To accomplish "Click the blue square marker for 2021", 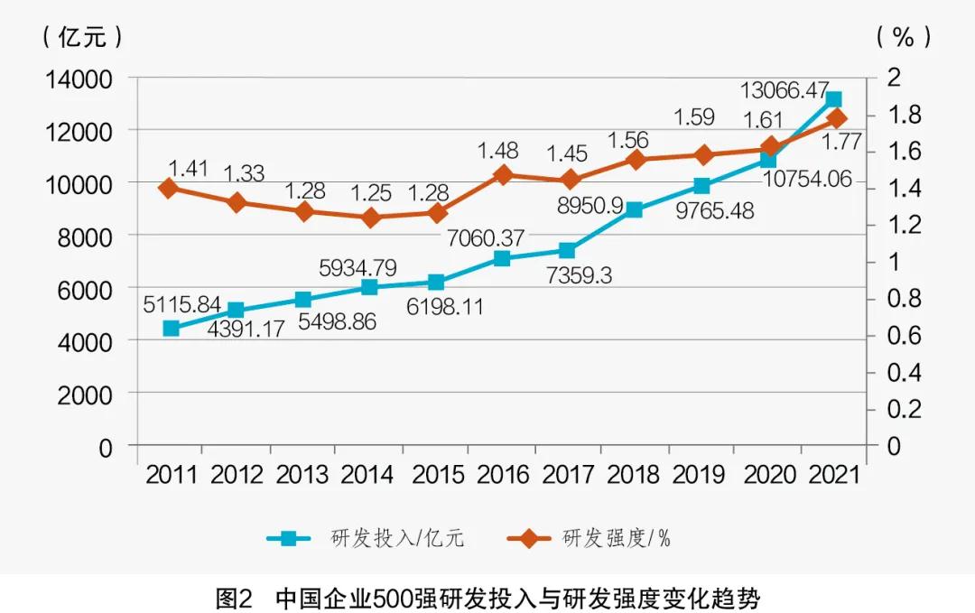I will pos(833,99).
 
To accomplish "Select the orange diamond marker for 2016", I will pos(503,175).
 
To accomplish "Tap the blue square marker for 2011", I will pos(172,329).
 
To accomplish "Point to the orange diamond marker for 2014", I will pos(369,218).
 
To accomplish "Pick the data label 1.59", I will pos(694,117).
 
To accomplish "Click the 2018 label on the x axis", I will pos(635,475).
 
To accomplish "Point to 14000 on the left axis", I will pos(79,79).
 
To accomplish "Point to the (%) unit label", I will pos(903,36).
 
